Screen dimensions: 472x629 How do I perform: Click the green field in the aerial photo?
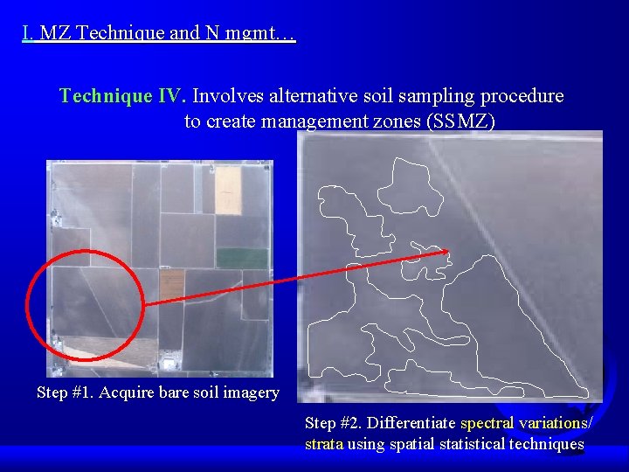(242, 258)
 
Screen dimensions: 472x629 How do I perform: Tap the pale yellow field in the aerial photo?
(228, 190)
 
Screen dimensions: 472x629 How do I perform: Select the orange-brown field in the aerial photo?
(172, 282)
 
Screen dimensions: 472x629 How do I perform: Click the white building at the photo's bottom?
(169, 360)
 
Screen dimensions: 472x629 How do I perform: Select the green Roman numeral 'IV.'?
(173, 95)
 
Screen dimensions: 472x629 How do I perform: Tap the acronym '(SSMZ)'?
(460, 121)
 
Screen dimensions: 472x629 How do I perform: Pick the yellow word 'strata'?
(324, 444)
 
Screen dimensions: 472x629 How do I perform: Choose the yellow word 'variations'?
(555, 423)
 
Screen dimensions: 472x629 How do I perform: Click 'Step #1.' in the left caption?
(66, 392)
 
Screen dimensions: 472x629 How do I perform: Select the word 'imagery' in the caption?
(251, 392)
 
